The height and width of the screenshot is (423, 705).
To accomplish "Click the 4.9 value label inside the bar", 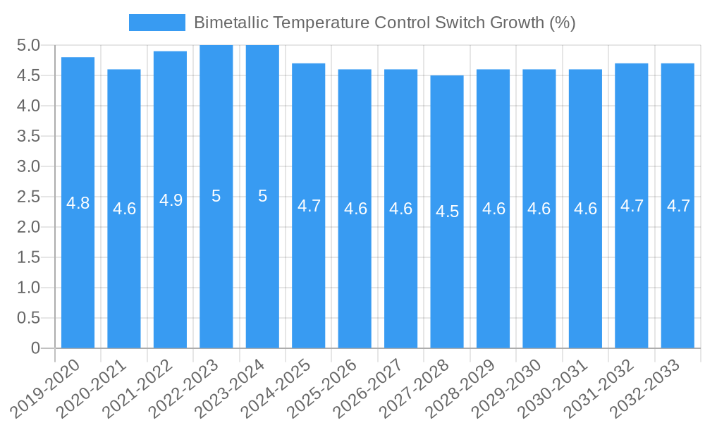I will [171, 200].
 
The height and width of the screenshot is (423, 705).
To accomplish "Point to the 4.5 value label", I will [447, 211].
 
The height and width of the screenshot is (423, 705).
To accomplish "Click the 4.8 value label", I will [78, 204].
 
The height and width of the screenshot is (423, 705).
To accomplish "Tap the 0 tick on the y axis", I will [35, 348].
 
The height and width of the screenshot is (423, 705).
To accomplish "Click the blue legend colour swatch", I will [157, 23].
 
